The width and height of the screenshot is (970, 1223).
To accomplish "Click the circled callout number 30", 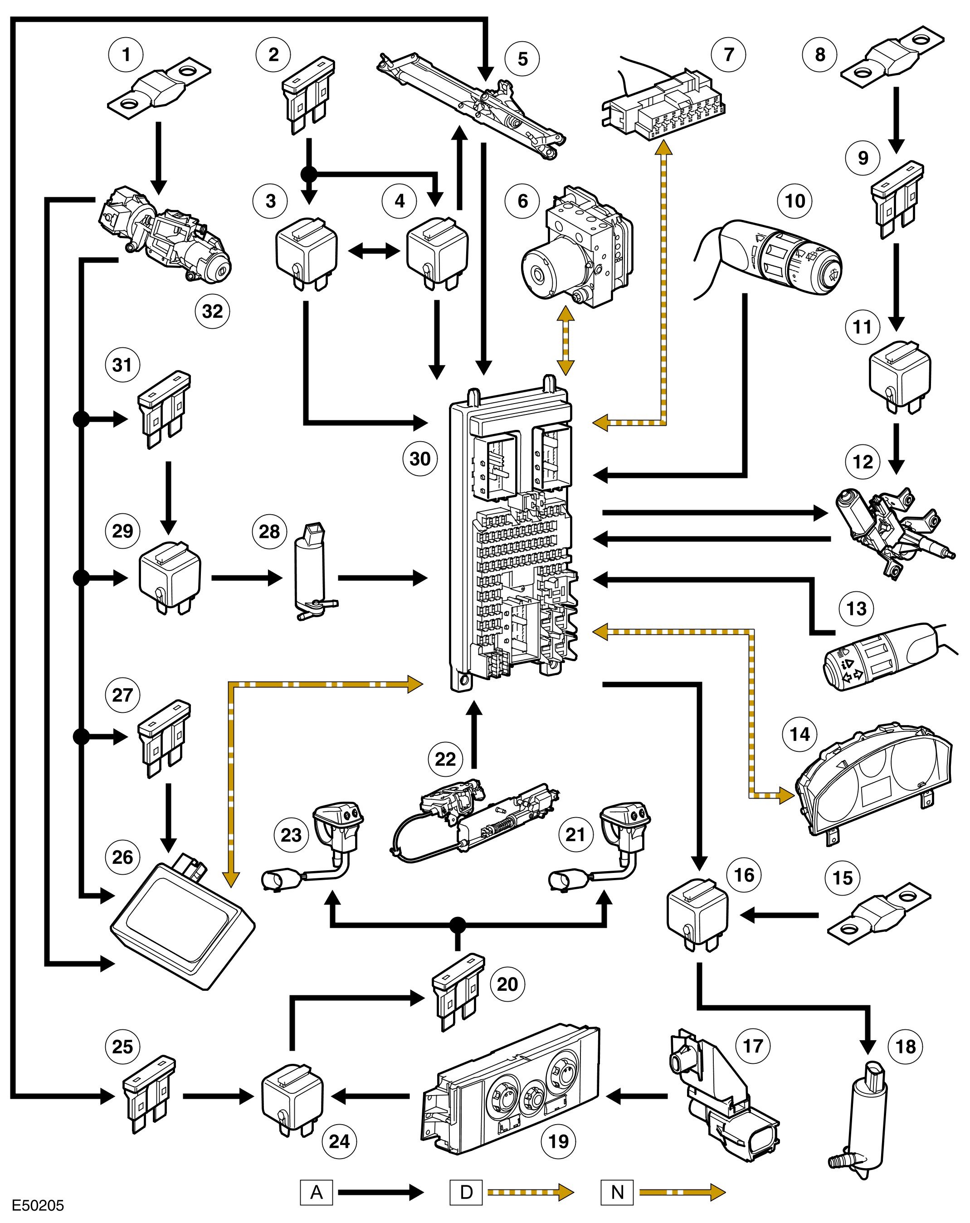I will (420, 458).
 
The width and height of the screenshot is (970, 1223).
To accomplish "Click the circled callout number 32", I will (212, 312).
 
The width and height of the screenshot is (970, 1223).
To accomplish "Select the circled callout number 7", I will (729, 55).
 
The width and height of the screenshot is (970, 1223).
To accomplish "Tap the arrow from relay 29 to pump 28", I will (246, 578).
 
